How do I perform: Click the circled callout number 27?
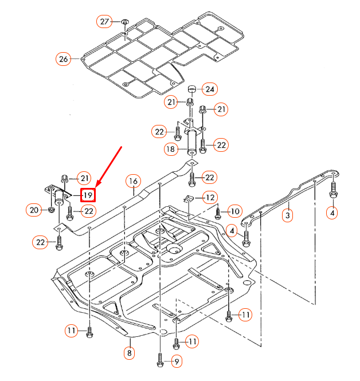[104, 22]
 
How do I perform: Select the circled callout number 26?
[64, 58]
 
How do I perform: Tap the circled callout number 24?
[210, 89]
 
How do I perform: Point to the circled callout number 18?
[171, 150]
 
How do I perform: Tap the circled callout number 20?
[34, 210]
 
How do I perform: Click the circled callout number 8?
[130, 353]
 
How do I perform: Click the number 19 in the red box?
[88, 195]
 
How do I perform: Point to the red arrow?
[108, 166]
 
